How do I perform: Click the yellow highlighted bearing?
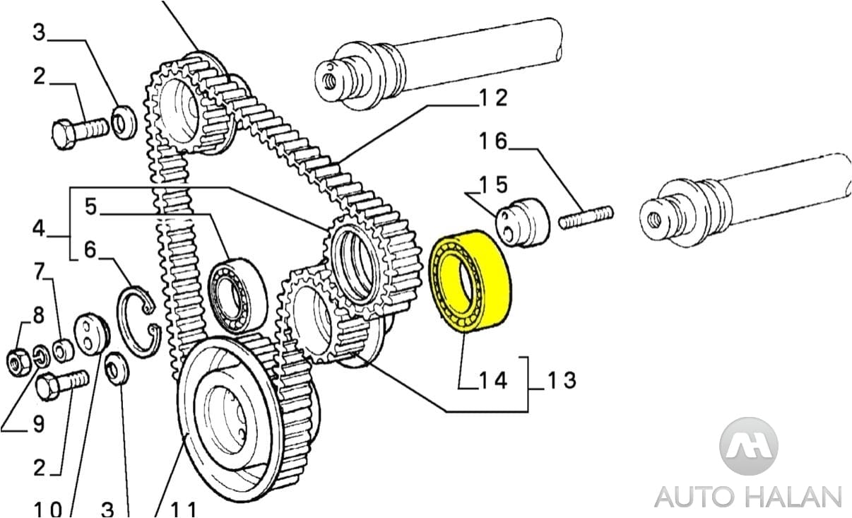click(471, 280)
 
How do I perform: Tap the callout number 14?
click(493, 380)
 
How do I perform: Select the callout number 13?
click(562, 380)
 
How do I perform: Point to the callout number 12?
click(492, 98)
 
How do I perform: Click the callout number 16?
click(493, 141)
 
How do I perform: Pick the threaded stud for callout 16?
click(586, 217)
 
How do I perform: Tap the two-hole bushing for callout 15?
click(524, 223)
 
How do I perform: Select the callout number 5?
click(90, 206)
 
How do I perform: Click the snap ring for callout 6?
click(140, 322)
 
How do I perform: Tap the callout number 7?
click(40, 271)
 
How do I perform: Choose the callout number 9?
click(37, 423)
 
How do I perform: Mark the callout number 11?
click(181, 509)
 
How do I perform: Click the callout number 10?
click(47, 509)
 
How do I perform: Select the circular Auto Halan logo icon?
click(748, 446)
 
